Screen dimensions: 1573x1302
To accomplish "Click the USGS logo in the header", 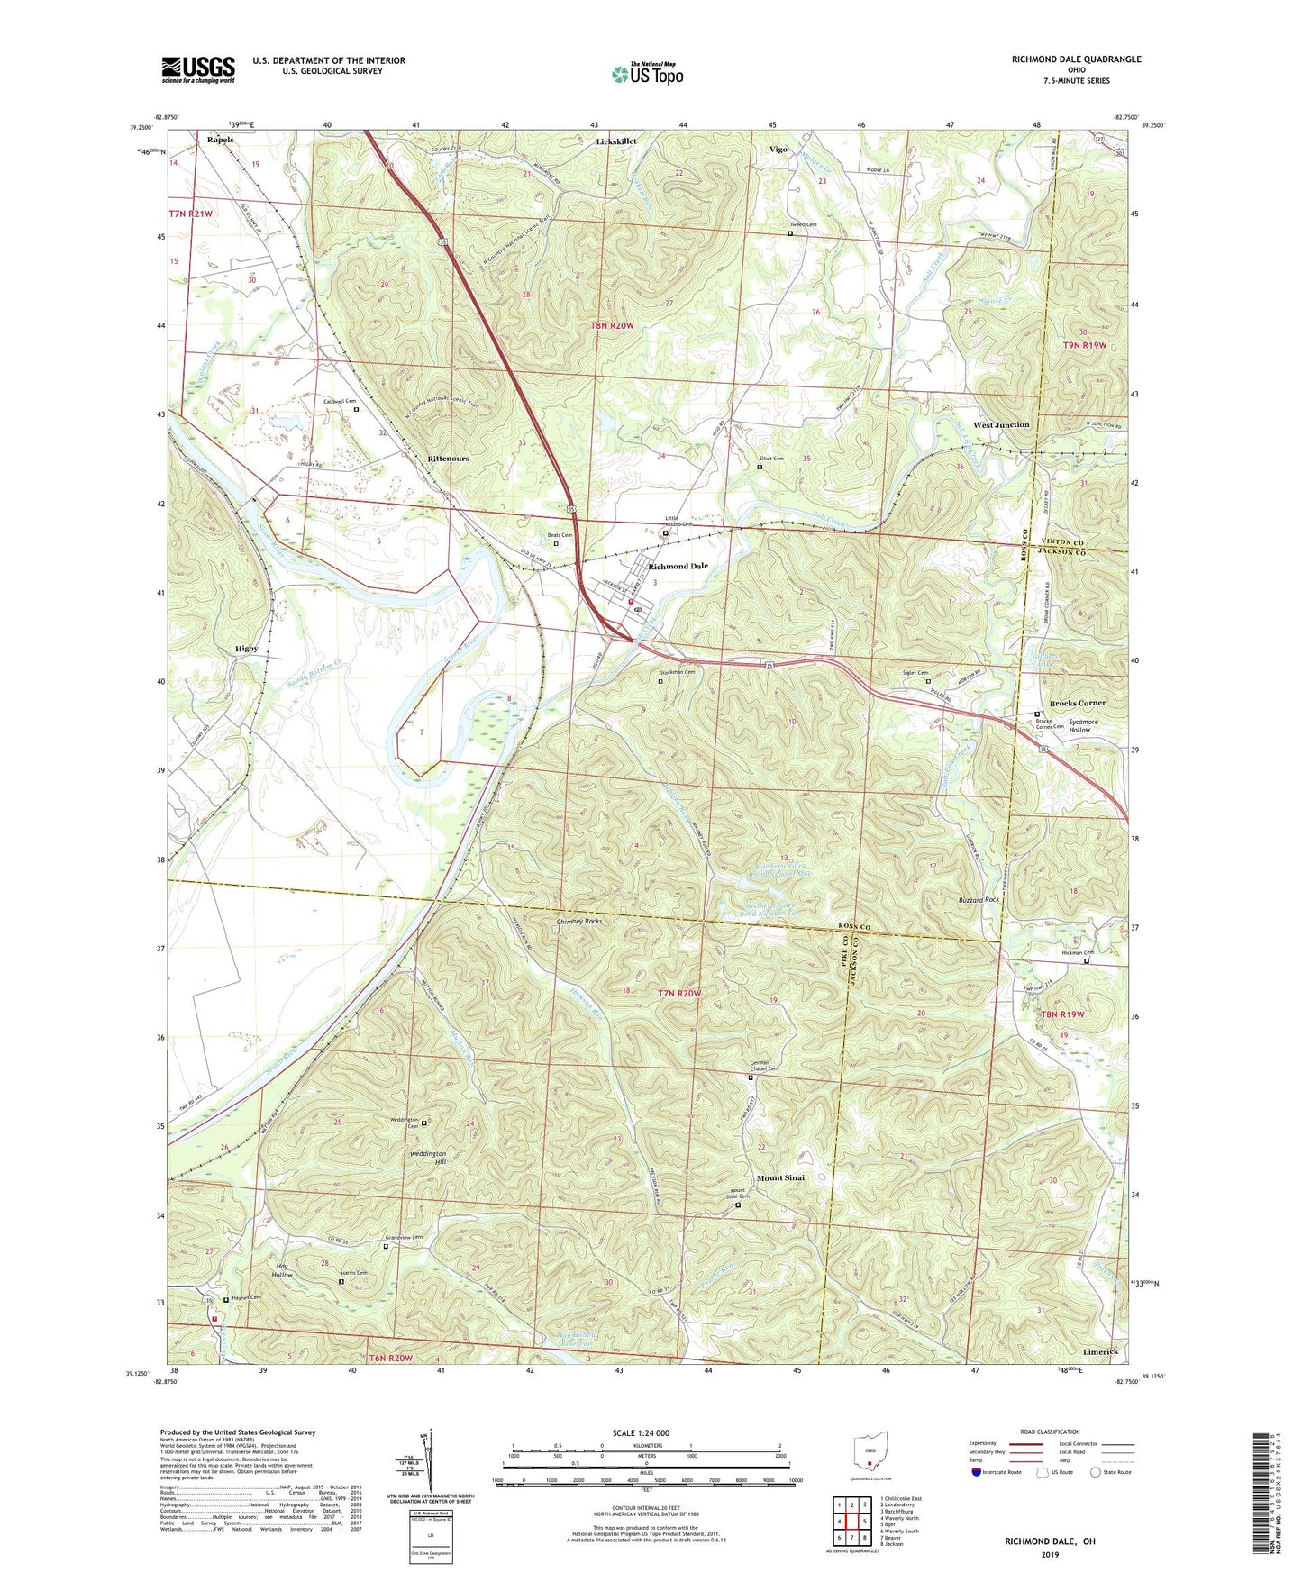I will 197,69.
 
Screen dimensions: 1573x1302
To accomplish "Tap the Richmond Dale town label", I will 678,567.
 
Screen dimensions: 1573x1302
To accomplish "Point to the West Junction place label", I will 1000,425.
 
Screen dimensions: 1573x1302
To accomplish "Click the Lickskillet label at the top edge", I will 616,141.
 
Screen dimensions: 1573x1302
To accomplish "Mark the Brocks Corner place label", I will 1078,703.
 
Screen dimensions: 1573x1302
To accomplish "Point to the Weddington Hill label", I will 428,1158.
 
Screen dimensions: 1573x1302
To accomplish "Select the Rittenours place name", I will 448,459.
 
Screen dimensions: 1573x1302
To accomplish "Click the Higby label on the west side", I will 246,649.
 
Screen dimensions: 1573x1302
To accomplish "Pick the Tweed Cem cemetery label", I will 803,224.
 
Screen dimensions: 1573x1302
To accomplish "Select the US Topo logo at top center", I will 647,74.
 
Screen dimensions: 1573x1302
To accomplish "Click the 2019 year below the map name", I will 1050,1554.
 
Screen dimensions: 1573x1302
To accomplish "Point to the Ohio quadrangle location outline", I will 868,1454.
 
